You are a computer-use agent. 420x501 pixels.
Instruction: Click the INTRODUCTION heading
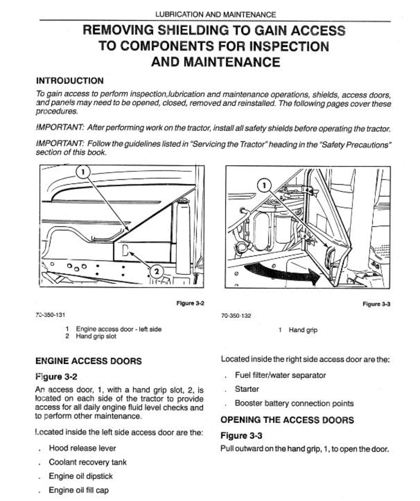point(70,81)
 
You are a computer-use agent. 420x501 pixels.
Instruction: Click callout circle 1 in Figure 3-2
point(83,172)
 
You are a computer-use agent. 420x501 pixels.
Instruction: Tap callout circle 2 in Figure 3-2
point(157,271)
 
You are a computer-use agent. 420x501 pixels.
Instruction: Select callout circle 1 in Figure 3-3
point(264,185)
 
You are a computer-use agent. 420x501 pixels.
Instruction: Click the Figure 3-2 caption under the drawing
point(190,303)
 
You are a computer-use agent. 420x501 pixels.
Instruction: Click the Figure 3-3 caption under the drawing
point(376,304)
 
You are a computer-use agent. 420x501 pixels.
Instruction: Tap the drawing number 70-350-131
point(50,315)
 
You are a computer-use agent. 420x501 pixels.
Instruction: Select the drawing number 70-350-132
point(236,315)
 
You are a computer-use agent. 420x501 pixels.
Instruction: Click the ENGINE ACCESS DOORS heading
point(88,361)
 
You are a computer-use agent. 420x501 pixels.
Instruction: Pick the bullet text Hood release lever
point(82,448)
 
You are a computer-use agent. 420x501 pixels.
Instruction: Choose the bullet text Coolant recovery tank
point(88,462)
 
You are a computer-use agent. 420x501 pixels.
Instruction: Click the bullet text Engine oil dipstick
point(81,476)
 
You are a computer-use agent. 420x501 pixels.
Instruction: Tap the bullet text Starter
point(247,389)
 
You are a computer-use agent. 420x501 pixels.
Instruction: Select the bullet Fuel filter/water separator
point(280,375)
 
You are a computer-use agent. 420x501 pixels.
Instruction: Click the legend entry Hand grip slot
point(96,336)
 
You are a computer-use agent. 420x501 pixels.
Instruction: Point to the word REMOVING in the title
point(118,30)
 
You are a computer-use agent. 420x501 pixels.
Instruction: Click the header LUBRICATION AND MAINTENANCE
point(215,14)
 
